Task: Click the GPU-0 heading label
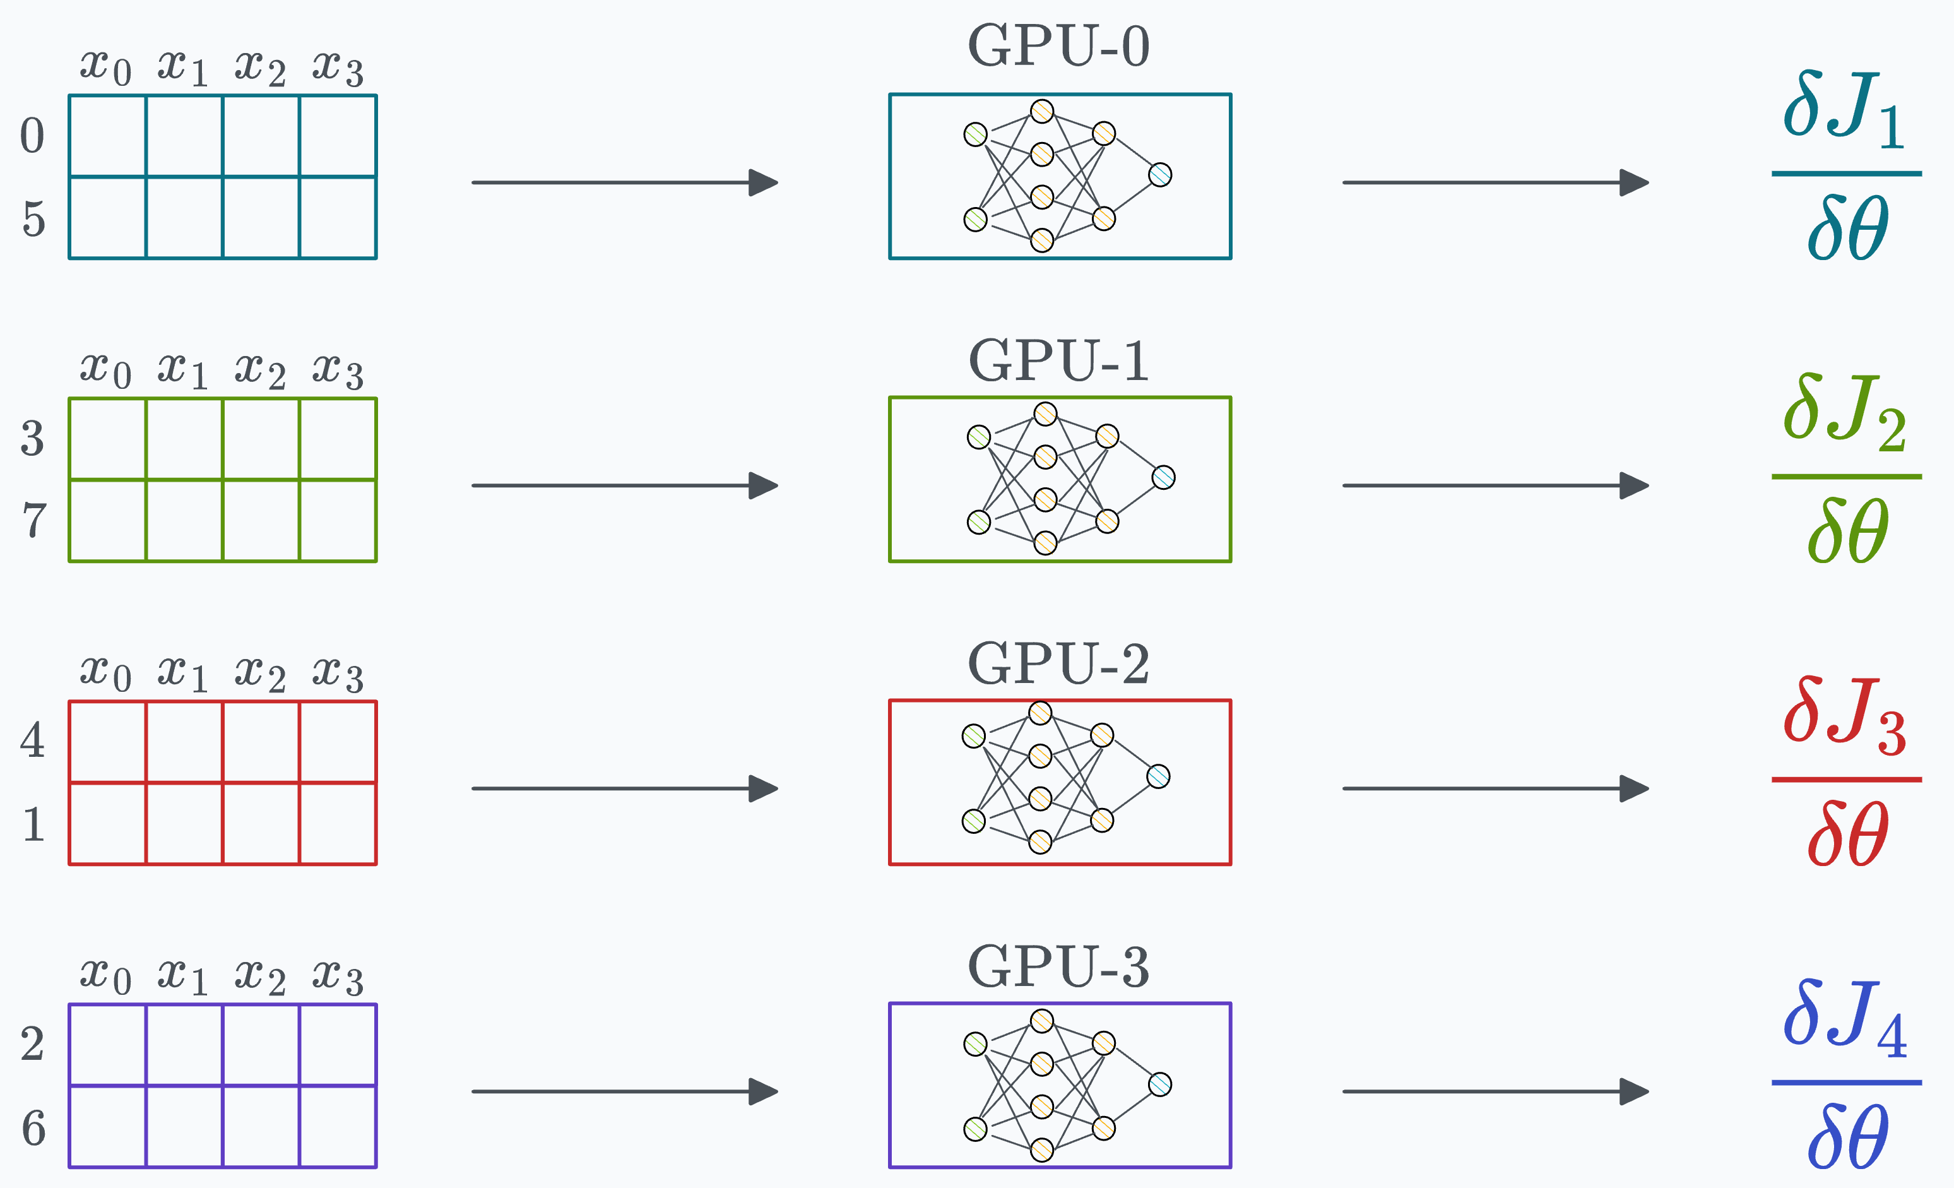(1058, 46)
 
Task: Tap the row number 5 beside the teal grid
(33, 219)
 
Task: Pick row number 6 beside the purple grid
(33, 1128)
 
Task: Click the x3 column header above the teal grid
(338, 68)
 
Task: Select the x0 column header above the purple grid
(105, 975)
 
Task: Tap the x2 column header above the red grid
(260, 674)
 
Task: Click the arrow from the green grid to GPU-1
(624, 485)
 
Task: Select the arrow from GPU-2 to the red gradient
(1495, 788)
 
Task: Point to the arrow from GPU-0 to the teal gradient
(1495, 182)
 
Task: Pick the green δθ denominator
(1848, 530)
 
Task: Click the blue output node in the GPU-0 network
(1160, 174)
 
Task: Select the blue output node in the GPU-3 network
(1160, 1084)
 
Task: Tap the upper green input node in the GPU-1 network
(979, 437)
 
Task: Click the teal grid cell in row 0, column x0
(107, 136)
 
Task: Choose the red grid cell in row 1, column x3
(338, 823)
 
